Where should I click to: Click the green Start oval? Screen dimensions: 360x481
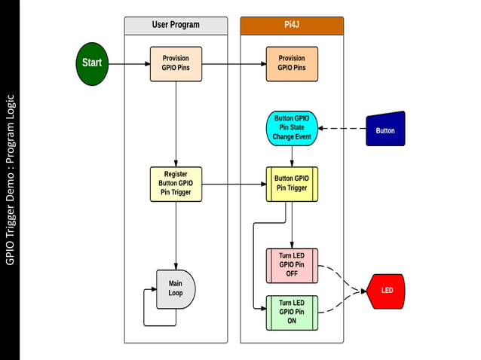93,63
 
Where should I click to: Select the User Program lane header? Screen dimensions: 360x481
176,25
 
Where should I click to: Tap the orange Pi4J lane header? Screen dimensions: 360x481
292,25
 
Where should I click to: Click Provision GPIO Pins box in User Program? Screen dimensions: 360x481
176,63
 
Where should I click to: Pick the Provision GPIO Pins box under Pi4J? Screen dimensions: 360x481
292,63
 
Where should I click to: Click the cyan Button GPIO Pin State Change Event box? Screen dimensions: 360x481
292,128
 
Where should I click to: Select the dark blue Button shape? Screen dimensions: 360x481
385,130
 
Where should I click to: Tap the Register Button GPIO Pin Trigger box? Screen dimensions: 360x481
176,184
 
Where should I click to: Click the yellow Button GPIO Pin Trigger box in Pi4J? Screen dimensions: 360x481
292,184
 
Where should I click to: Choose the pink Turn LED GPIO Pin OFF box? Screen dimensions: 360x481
292,264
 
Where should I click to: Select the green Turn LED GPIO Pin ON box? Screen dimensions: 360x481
292,312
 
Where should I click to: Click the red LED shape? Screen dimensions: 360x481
386,291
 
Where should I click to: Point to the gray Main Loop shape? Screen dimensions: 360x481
176,288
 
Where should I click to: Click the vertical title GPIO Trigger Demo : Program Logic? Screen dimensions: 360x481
10,179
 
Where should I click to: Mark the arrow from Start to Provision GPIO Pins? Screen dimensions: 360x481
128,63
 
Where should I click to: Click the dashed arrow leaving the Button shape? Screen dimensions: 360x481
341,129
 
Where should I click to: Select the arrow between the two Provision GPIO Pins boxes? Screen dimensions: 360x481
234,63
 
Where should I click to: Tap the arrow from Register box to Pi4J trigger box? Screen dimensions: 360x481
234,184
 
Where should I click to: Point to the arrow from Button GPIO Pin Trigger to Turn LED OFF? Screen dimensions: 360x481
292,226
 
